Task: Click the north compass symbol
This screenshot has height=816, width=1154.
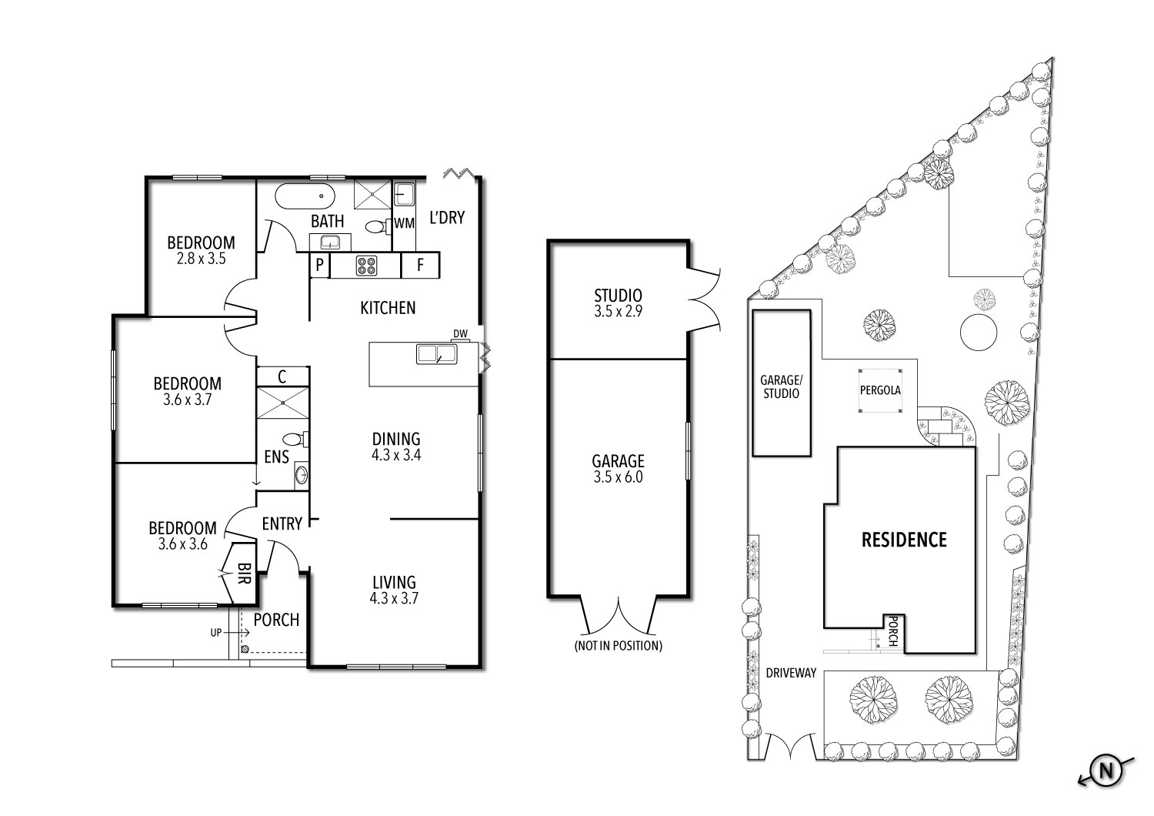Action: tap(1106, 771)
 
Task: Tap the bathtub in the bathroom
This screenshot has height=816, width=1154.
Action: tap(305, 196)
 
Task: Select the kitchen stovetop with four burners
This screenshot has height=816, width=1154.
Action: tap(366, 266)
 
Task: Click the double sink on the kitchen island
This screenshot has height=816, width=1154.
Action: tap(436, 354)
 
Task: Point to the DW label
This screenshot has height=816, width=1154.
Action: tap(460, 333)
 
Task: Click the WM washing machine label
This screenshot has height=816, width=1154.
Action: tap(404, 223)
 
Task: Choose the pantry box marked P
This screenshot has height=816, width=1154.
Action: tap(319, 266)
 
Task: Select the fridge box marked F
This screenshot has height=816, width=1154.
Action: tap(420, 266)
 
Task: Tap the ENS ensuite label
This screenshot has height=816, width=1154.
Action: tap(276, 457)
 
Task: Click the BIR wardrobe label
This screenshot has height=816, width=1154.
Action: tap(244, 573)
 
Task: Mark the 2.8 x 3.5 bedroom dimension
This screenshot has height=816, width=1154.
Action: tap(201, 259)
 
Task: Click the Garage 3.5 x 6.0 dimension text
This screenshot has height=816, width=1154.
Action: tap(618, 477)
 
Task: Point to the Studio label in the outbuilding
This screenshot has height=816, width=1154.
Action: tap(618, 296)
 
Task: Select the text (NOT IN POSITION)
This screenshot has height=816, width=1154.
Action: tap(618, 645)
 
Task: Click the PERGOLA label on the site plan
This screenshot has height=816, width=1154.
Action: tap(880, 390)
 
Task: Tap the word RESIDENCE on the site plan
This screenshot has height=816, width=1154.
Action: tap(903, 540)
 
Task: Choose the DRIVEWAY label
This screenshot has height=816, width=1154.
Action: tap(791, 673)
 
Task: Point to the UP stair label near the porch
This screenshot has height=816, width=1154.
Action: tap(217, 632)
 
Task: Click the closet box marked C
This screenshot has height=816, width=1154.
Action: tap(282, 376)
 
